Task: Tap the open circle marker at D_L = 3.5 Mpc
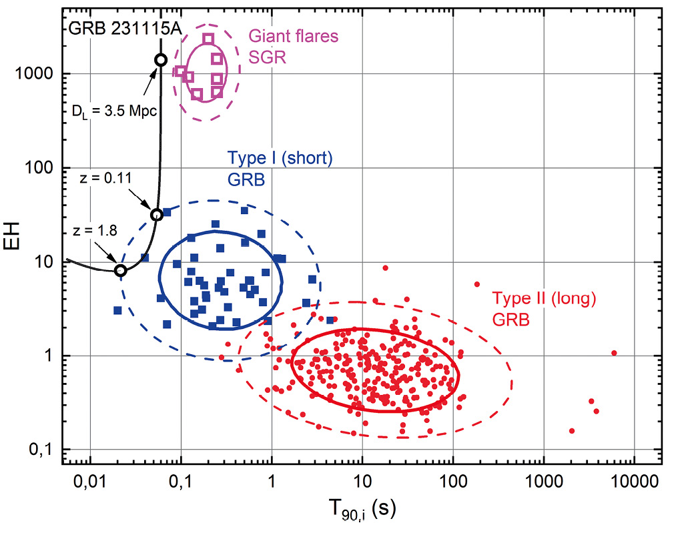[160, 60]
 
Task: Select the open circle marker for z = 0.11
[157, 215]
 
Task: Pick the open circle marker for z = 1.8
[120, 270]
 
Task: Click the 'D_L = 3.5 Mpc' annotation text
[113, 111]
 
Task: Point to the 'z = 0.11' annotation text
[99, 179]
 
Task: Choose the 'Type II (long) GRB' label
[543, 309]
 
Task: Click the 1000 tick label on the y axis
[43, 74]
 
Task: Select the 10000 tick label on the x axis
[633, 481]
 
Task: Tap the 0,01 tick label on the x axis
[90, 481]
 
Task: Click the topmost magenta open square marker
[208, 39]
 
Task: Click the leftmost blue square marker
[117, 310]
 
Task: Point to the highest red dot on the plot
[385, 268]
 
